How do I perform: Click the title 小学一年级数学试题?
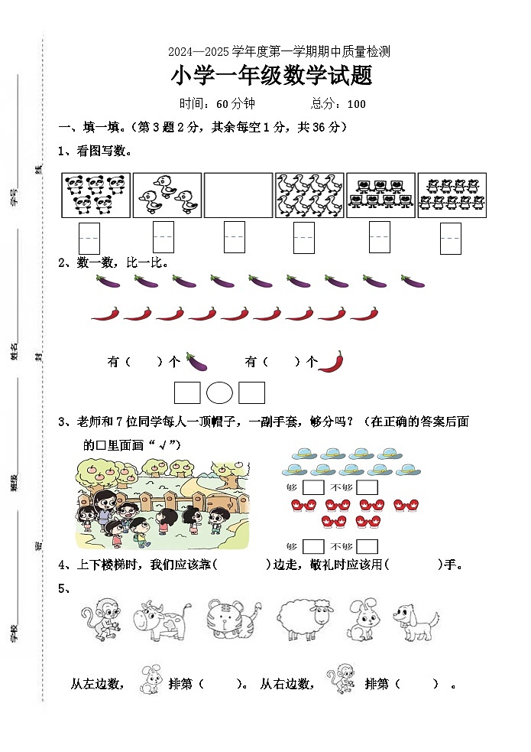pyautogui.click(x=272, y=77)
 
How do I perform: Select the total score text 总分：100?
pyautogui.click(x=338, y=104)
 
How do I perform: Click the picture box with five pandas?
pyautogui.click(x=96, y=195)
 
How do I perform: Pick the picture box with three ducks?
pyautogui.click(x=167, y=195)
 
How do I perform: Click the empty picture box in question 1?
pyautogui.click(x=238, y=195)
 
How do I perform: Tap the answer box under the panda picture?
pyautogui.click(x=89, y=237)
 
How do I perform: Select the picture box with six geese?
pyautogui.click(x=309, y=195)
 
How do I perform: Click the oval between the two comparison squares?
pyautogui.click(x=219, y=392)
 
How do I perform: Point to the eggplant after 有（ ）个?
pyautogui.click(x=196, y=361)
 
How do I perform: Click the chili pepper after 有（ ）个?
pyautogui.click(x=330, y=361)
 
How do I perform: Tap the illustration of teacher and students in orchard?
pyautogui.click(x=162, y=504)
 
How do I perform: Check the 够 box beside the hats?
pyautogui.click(x=313, y=487)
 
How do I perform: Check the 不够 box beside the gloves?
pyautogui.click(x=367, y=546)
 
